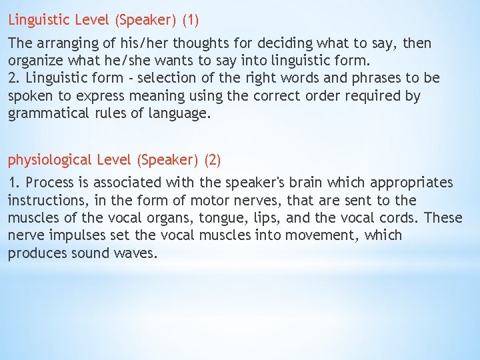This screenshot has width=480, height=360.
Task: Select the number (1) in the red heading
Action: [190, 20]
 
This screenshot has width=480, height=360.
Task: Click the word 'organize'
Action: [34, 61]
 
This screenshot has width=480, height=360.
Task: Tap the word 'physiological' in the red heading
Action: [49, 160]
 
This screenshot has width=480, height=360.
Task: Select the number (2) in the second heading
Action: [213, 160]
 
